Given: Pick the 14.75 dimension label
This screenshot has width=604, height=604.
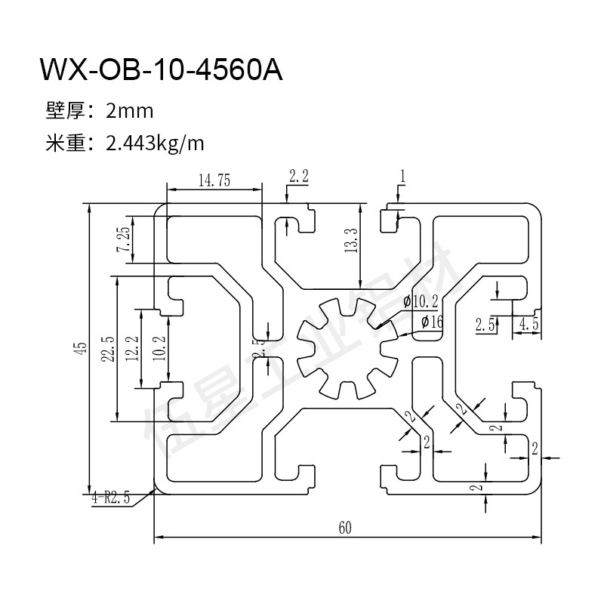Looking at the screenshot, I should point(214,180).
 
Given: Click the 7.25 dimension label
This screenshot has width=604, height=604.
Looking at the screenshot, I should point(123,239).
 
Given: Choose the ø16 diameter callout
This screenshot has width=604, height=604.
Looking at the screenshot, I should point(431,322).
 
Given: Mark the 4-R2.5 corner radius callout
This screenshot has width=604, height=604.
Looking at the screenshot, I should point(111,498).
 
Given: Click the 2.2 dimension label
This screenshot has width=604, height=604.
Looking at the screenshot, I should point(298,176).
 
